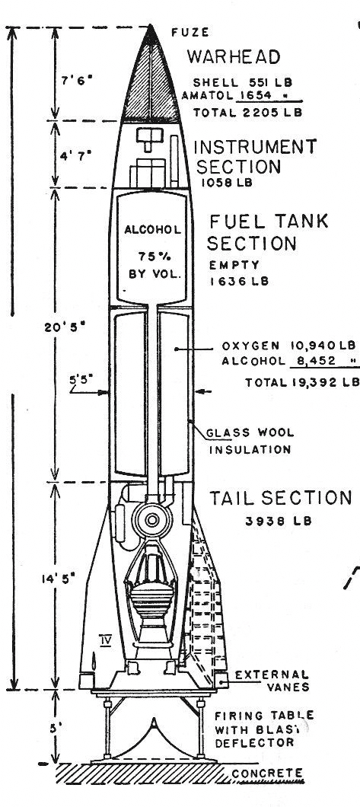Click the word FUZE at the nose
pos(190,33)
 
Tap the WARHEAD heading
pos(234,56)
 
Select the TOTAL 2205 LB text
pos(247,113)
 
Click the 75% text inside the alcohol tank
pos(153,256)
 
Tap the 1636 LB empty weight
pos(239,282)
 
